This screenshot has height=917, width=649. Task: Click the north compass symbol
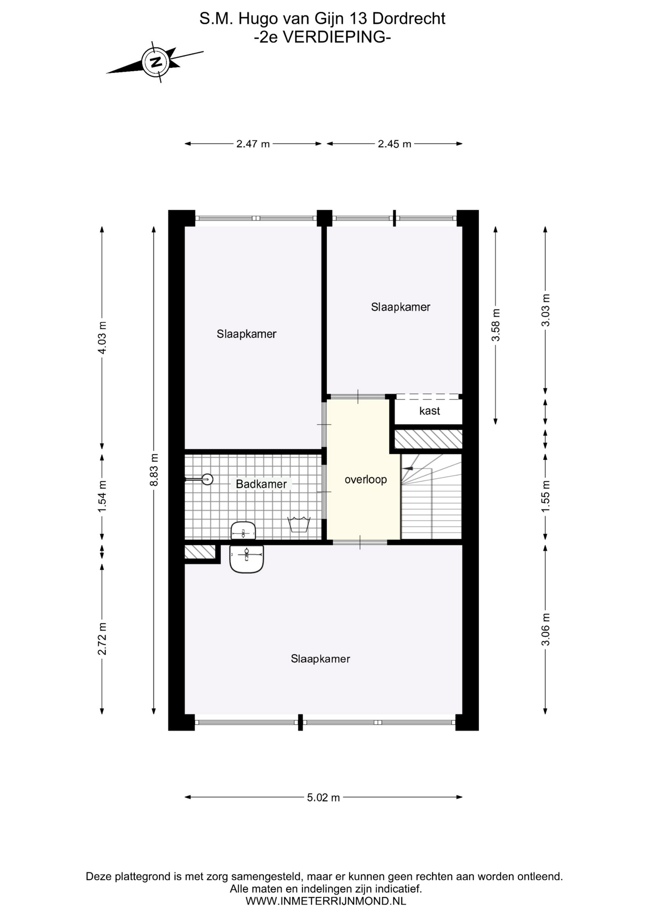155,62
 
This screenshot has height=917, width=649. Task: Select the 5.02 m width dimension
324,797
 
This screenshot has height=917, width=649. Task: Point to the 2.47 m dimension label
253,144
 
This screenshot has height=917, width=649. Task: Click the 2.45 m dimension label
394,144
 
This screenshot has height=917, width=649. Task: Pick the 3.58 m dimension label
496,325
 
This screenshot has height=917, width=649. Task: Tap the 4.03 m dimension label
102,338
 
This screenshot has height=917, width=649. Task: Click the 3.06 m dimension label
545,629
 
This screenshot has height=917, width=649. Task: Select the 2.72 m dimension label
102,639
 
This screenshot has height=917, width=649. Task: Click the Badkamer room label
261,484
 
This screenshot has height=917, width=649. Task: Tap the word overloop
366,480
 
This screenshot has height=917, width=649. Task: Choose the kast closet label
430,411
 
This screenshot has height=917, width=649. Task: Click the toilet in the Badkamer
243,530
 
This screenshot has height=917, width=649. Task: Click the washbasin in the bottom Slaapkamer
247,559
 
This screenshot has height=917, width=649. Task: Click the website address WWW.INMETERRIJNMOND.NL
326,901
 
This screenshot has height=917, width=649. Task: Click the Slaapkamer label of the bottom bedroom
321,659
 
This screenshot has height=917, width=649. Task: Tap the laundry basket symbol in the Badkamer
299,524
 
